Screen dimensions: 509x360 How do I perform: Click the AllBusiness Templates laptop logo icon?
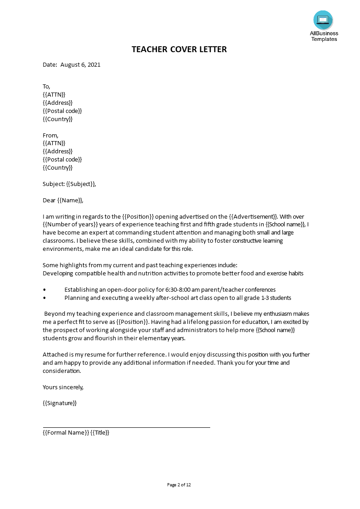click(x=323, y=20)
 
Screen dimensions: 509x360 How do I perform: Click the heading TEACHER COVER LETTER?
click(x=179, y=49)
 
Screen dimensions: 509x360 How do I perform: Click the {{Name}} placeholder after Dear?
click(x=70, y=200)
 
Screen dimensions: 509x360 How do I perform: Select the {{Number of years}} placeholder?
click(x=70, y=225)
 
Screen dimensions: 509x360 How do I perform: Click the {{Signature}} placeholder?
click(x=59, y=403)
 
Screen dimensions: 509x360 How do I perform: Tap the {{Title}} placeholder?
click(x=100, y=432)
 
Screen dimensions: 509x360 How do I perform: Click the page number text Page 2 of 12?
click(x=179, y=485)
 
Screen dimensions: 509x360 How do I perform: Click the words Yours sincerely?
click(x=63, y=387)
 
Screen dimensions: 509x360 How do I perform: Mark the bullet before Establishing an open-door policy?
click(x=44, y=289)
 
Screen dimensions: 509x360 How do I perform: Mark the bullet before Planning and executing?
click(x=44, y=298)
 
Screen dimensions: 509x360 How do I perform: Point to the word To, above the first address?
click(x=46, y=86)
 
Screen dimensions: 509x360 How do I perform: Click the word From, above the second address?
click(x=50, y=135)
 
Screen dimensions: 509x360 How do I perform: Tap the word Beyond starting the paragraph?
click(x=55, y=313)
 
